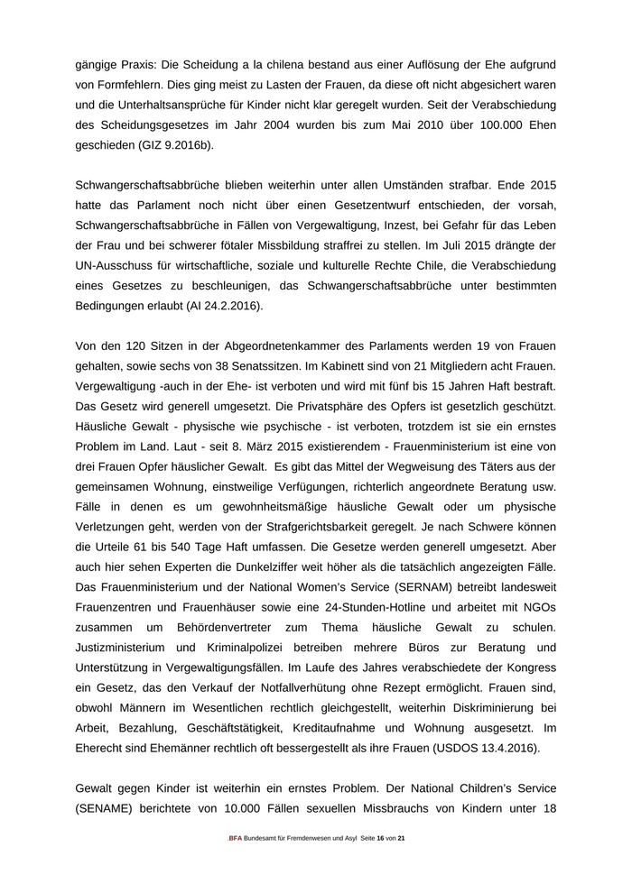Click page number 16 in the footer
coord(380,838)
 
